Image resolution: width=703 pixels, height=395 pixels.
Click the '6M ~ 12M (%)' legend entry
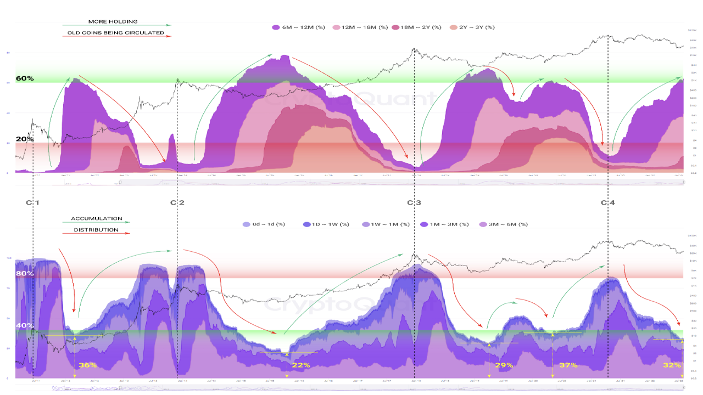point(299,27)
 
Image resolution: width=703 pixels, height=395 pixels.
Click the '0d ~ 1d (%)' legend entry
point(265,224)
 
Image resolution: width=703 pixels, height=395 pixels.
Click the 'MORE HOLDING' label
point(113,21)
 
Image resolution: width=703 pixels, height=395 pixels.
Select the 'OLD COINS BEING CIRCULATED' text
point(115,33)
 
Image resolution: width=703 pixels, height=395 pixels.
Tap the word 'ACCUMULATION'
point(97,219)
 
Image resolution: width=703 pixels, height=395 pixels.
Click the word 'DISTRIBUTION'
point(96,230)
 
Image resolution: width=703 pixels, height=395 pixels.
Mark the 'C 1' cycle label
point(32,203)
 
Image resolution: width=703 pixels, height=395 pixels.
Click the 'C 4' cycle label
point(607,203)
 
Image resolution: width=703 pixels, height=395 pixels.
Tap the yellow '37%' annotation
point(568,365)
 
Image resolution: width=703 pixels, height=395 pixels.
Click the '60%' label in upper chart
point(25,78)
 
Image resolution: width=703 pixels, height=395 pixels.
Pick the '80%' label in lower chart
point(25,273)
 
